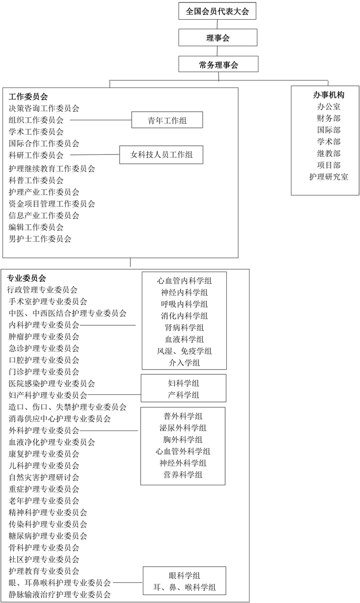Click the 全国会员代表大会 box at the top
[217, 11]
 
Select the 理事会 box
[218, 38]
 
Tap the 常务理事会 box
[218, 64]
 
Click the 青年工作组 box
[167, 120]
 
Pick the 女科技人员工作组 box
[161, 154]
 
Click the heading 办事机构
[328, 95]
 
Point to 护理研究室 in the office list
[328, 177]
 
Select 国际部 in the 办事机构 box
[328, 130]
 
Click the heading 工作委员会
[28, 97]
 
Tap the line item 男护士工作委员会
[40, 239]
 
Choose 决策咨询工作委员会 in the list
[44, 109]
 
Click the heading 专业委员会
[26, 278]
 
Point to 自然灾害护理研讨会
[44, 477]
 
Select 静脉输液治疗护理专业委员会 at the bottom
[60, 594]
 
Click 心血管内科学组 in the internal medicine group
[184, 281]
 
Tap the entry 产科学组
[184, 395]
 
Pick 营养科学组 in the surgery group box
[183, 475]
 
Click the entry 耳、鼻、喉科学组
[185, 587]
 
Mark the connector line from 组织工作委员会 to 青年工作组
[101, 120]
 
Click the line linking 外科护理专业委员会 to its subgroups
[109, 430]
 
